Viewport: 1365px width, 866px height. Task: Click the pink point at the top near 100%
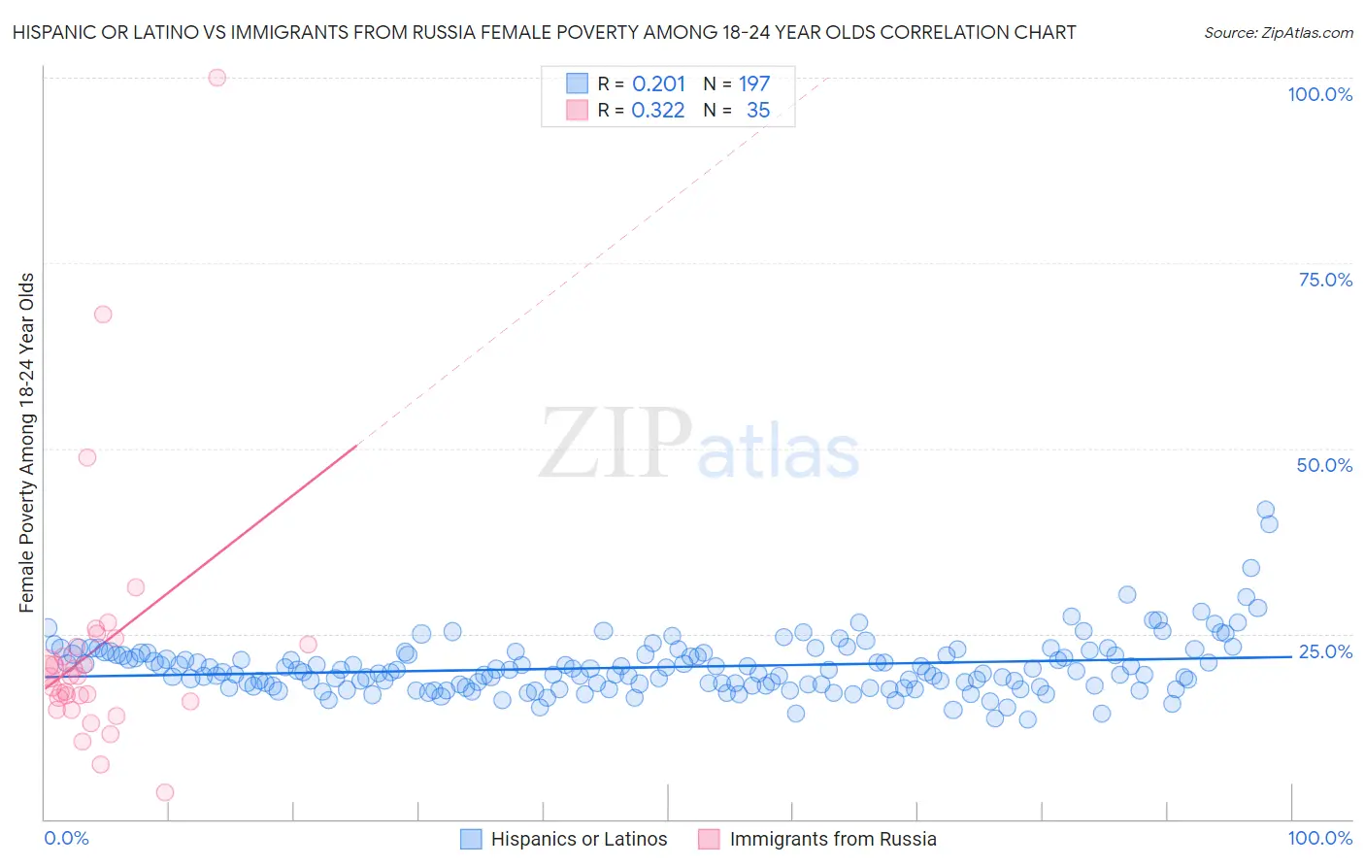(x=217, y=78)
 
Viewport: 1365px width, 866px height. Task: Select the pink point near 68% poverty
(x=103, y=315)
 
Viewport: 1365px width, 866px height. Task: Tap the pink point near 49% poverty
(x=87, y=457)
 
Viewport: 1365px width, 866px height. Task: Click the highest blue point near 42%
(x=1265, y=510)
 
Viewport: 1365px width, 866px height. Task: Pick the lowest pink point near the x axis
(x=165, y=792)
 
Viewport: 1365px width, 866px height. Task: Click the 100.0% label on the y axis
(x=1319, y=95)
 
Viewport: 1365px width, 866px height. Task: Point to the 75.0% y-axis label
(x=1325, y=280)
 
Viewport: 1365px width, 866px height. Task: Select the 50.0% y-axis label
(x=1324, y=465)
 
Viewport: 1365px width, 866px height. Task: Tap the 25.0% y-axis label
(x=1325, y=651)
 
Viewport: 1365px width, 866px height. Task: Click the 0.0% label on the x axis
(x=66, y=839)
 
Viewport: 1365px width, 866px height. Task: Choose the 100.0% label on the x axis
(x=1319, y=839)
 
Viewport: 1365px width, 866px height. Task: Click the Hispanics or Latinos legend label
(x=579, y=840)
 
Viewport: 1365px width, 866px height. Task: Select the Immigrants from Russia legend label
(x=833, y=840)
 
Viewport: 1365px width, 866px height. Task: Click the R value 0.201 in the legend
(x=658, y=84)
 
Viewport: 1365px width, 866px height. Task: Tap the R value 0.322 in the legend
(x=658, y=111)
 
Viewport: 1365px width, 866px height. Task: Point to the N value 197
(x=754, y=84)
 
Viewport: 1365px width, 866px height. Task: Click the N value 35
(x=758, y=111)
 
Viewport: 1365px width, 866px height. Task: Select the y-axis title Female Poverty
(x=27, y=443)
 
